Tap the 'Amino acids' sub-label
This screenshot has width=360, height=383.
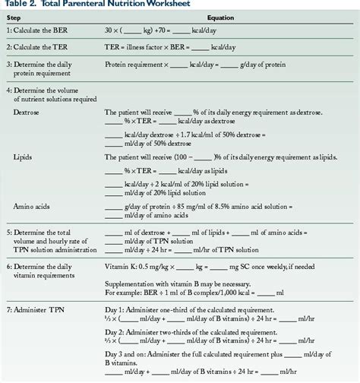pyautogui.click(x=31, y=206)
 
